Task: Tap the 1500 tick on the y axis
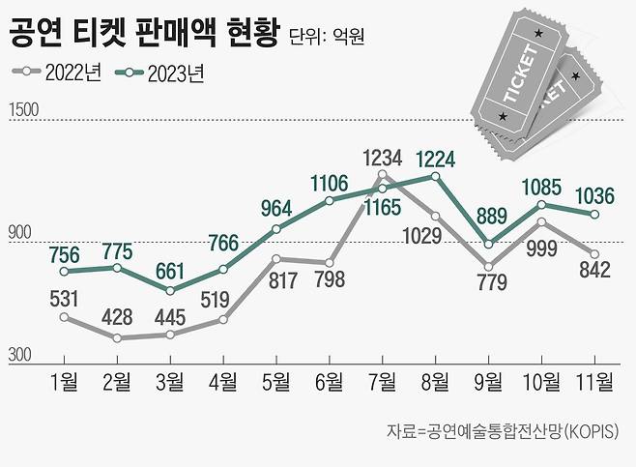coord(24,110)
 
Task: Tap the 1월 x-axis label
coord(64,382)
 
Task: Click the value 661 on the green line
coord(171,269)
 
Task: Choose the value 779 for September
coord(489,283)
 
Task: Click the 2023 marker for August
coord(436,176)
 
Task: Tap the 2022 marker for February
coord(118,338)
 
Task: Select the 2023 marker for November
coord(594,214)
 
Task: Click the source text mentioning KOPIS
coord(504,429)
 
